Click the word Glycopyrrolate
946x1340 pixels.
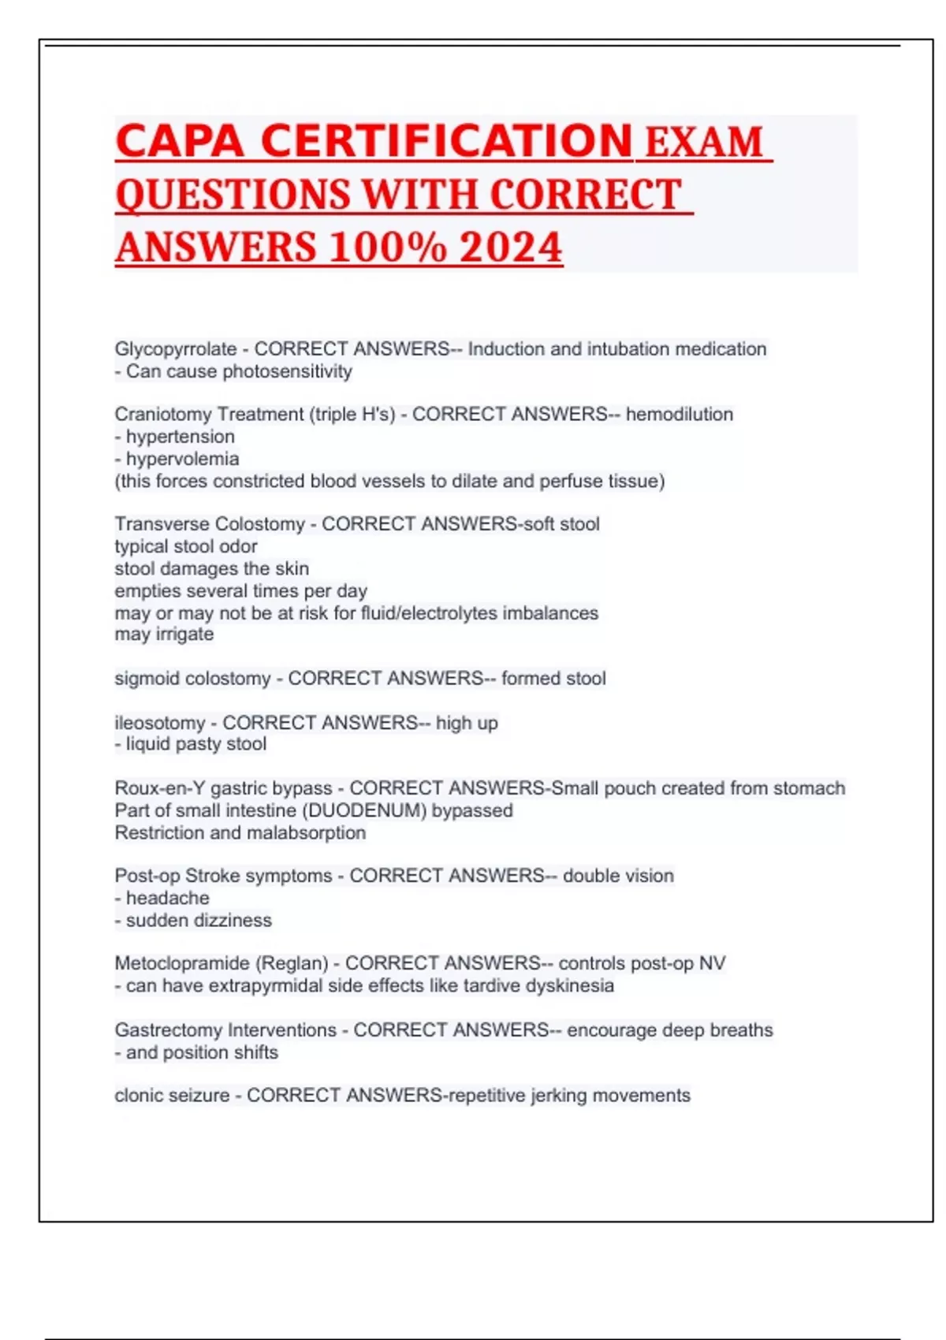pos(176,349)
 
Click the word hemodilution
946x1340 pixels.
pos(680,415)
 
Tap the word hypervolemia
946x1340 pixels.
pos(182,459)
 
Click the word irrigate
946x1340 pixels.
pos(184,635)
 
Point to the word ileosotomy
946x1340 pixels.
pos(160,723)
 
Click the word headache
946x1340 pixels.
pos(167,898)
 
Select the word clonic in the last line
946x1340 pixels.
pos(139,1096)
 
